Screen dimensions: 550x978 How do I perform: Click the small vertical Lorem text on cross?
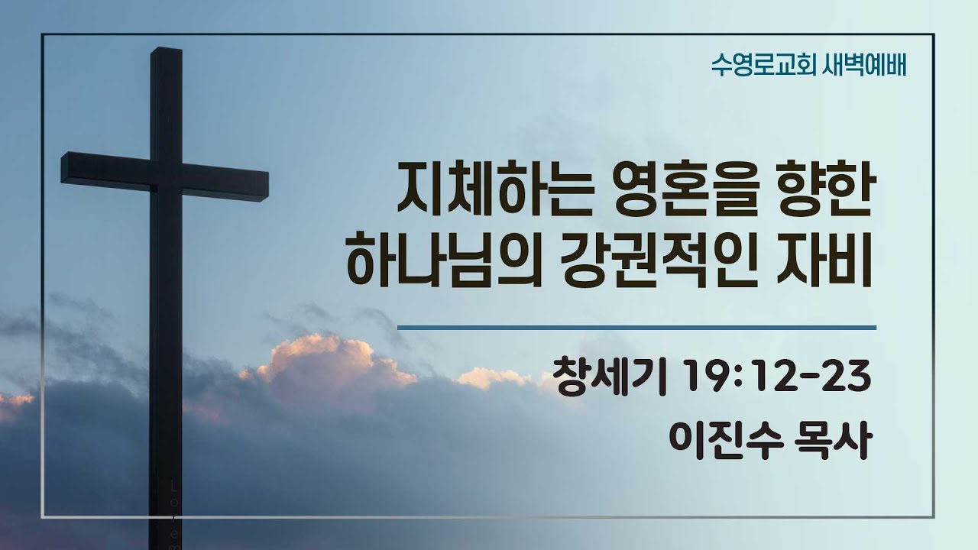(x=175, y=512)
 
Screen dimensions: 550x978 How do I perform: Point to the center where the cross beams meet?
(x=166, y=176)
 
